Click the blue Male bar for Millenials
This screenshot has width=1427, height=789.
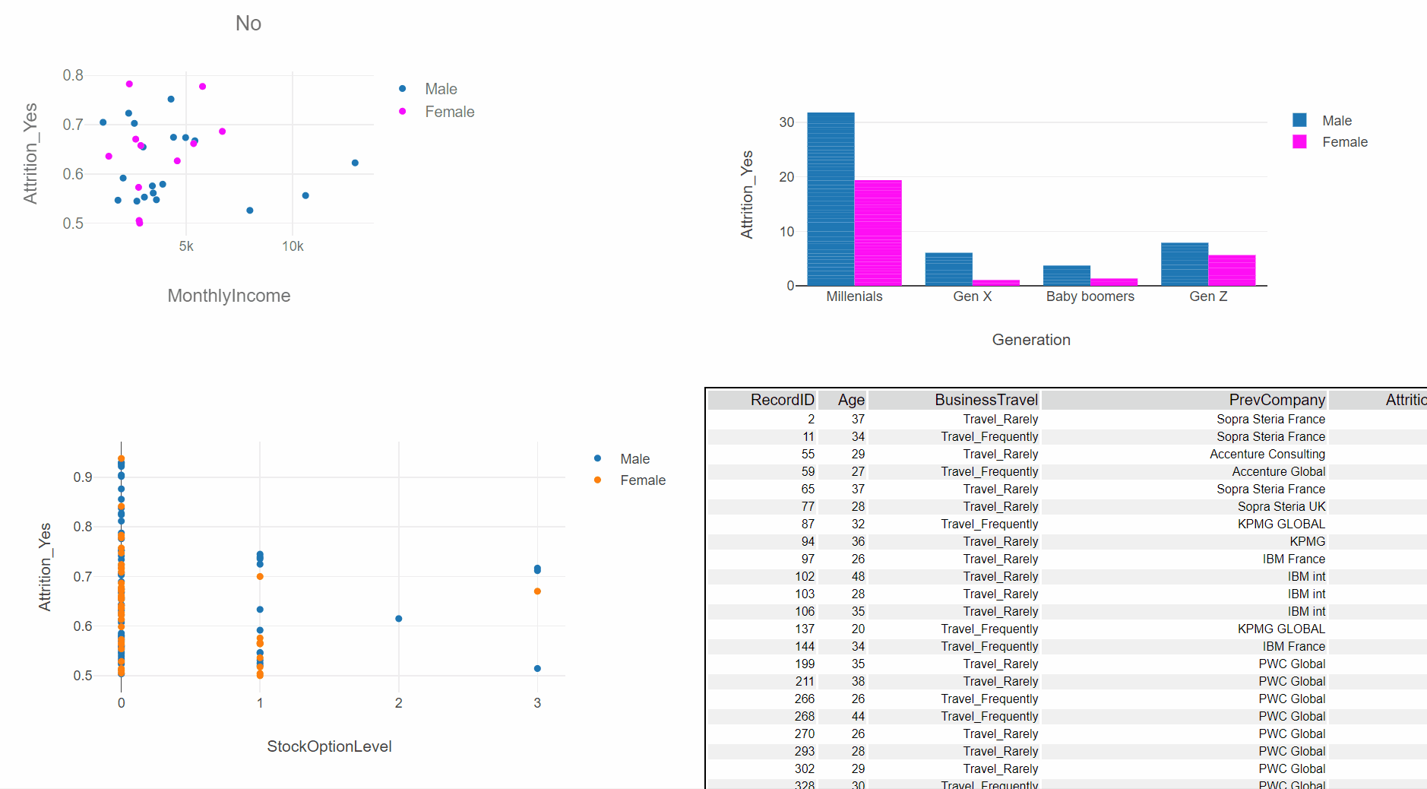point(831,199)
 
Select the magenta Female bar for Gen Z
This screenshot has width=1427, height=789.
point(1232,271)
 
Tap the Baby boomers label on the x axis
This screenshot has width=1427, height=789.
point(1090,296)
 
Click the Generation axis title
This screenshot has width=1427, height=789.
point(1031,340)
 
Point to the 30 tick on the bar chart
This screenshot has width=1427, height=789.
point(786,122)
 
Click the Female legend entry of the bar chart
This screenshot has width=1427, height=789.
point(1344,142)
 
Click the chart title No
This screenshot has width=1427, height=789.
point(248,24)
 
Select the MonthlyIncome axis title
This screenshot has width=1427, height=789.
point(229,296)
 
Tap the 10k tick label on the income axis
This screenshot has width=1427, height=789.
point(293,246)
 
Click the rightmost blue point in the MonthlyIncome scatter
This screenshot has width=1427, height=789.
point(355,163)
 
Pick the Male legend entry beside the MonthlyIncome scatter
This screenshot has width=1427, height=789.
point(441,89)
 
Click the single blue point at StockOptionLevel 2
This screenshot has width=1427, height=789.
point(399,619)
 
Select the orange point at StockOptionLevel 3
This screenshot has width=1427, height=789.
point(537,591)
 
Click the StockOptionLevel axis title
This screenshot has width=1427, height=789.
point(329,746)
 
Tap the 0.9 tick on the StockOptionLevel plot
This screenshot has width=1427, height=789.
point(83,477)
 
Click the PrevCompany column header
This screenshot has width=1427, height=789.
point(1277,400)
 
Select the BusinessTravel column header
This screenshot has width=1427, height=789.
point(986,400)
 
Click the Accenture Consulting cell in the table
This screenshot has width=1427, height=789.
point(1267,454)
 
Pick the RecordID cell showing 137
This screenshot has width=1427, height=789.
point(805,629)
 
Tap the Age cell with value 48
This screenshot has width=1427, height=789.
point(858,576)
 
